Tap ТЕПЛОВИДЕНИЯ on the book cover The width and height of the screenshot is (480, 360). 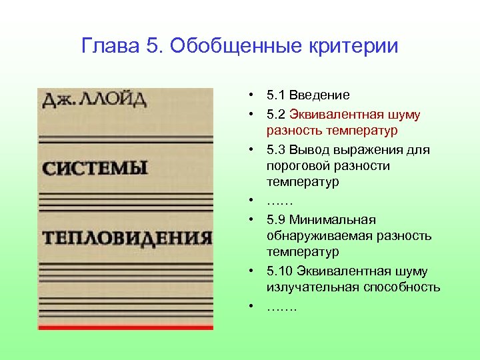point(127,237)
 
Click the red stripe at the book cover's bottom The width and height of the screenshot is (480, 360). point(125,327)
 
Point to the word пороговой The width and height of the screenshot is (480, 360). point(295,165)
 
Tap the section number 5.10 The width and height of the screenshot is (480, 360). point(279,271)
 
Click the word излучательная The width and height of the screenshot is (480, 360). point(313,287)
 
